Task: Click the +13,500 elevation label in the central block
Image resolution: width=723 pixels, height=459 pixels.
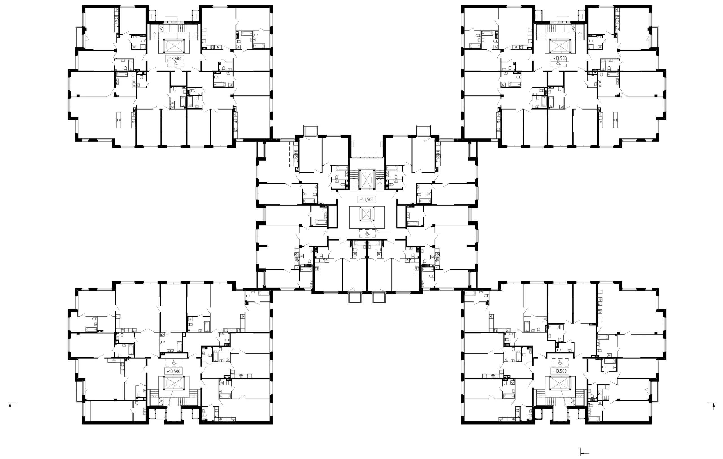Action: tap(367, 199)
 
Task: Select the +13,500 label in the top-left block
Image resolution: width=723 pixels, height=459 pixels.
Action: tap(175, 58)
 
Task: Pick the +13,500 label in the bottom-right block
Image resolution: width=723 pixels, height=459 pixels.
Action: tap(560, 371)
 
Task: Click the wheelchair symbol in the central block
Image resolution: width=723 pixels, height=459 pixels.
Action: tap(367, 233)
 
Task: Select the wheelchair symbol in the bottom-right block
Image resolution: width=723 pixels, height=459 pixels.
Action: tap(560, 363)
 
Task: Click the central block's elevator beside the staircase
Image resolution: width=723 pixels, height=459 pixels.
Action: tap(367, 180)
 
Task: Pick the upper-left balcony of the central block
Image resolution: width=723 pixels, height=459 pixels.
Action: tap(310, 131)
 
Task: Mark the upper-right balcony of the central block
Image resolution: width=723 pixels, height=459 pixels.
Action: tap(423, 131)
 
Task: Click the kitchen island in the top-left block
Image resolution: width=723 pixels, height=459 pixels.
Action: tap(119, 120)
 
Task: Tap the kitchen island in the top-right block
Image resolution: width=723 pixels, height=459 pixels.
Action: tap(615, 120)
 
